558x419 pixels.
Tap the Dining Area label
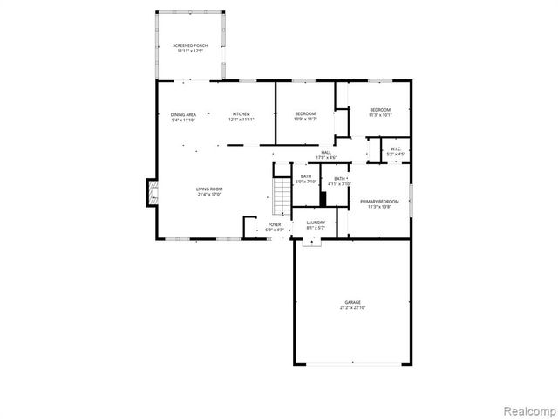click(183, 114)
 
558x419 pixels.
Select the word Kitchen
click(241, 114)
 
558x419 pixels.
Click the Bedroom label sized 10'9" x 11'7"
click(305, 113)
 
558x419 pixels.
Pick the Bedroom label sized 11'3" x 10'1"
click(380, 110)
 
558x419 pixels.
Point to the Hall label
click(326, 153)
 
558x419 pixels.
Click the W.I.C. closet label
click(395, 149)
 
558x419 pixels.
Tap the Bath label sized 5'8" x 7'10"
click(306, 177)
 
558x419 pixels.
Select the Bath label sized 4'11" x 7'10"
click(338, 178)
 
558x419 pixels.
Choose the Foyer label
click(275, 224)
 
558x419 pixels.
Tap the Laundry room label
click(316, 223)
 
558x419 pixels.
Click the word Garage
click(351, 302)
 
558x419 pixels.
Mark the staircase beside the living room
click(281, 196)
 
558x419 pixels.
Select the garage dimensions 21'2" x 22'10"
click(351, 308)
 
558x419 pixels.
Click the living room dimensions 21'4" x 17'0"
click(209, 196)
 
